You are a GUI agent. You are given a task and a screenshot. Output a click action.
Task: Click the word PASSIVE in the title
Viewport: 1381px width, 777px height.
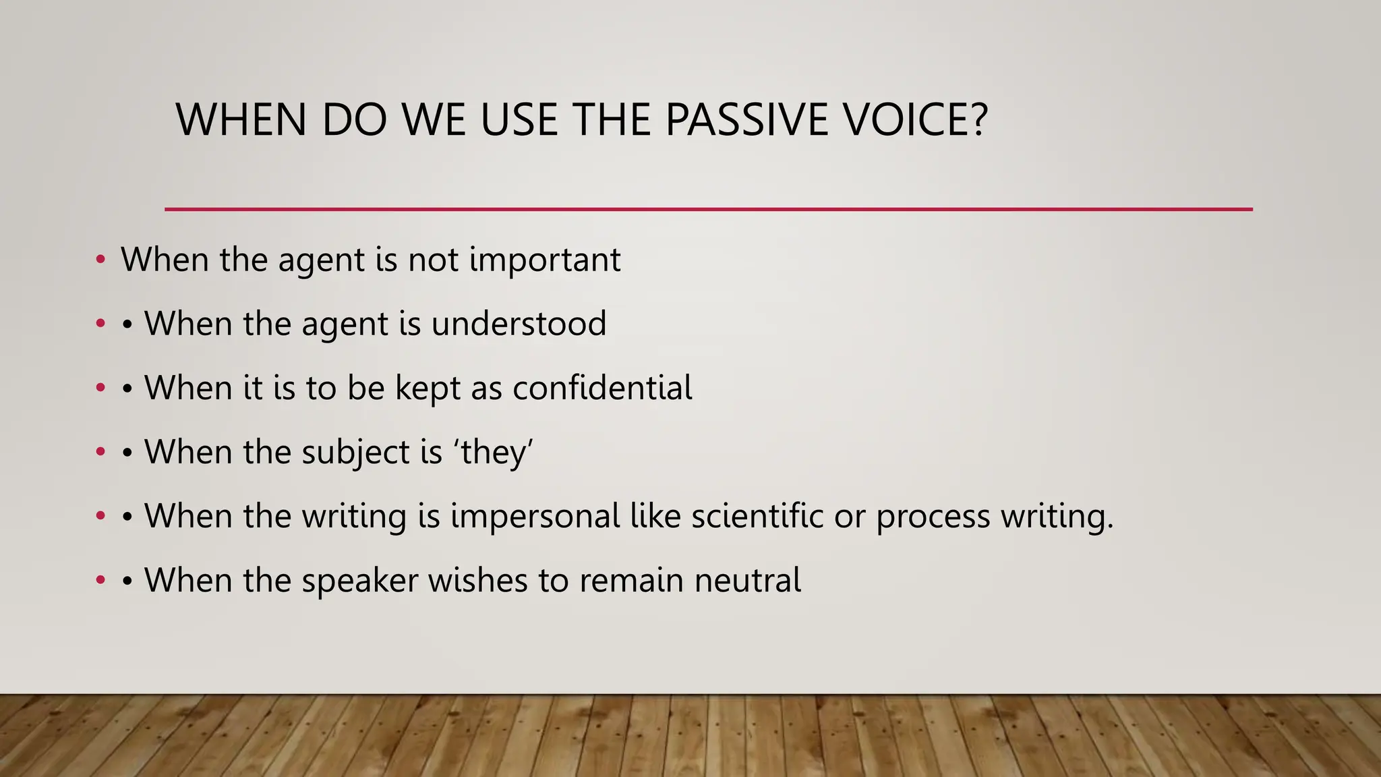click(746, 120)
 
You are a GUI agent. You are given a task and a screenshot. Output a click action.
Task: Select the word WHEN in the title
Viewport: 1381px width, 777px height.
click(241, 120)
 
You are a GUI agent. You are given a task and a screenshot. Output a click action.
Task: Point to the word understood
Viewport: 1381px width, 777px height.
click(519, 324)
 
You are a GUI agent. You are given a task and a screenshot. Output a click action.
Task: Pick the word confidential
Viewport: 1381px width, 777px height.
click(602, 388)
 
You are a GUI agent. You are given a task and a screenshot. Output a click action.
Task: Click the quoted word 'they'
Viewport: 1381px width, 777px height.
click(496, 452)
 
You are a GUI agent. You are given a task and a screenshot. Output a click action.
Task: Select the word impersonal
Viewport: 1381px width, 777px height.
click(535, 517)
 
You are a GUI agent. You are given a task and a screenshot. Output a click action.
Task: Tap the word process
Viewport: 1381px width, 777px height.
click(933, 517)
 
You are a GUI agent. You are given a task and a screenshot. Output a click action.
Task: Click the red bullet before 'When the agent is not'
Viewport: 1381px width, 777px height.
click(100, 260)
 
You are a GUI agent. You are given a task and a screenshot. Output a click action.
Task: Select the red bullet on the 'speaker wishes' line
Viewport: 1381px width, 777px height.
click(100, 580)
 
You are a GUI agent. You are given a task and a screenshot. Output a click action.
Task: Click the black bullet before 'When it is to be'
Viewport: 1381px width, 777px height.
click(127, 388)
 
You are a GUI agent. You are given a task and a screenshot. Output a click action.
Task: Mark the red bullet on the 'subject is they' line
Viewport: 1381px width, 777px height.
click(100, 452)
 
